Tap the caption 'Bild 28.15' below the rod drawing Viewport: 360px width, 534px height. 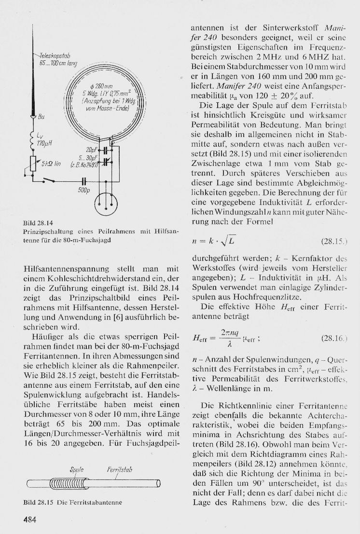click(x=38, y=502)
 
